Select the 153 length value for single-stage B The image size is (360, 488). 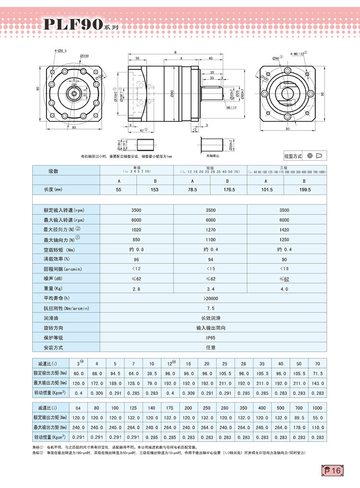[155, 190]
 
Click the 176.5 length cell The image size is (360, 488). [228, 190]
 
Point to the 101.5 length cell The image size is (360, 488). [266, 190]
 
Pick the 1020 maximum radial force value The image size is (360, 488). [136, 229]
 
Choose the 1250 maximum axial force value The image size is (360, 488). [284, 239]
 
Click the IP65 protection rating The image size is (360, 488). [210, 338]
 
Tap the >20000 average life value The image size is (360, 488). [210, 298]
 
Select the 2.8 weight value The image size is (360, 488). [136, 289]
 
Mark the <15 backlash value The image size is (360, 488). [210, 269]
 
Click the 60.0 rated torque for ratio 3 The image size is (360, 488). [79, 373]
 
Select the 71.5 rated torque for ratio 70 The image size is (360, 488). [317, 373]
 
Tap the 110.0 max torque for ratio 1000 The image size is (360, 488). [317, 428]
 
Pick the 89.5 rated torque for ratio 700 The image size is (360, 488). [298, 418]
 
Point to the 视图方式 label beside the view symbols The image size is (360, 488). [293, 156]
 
